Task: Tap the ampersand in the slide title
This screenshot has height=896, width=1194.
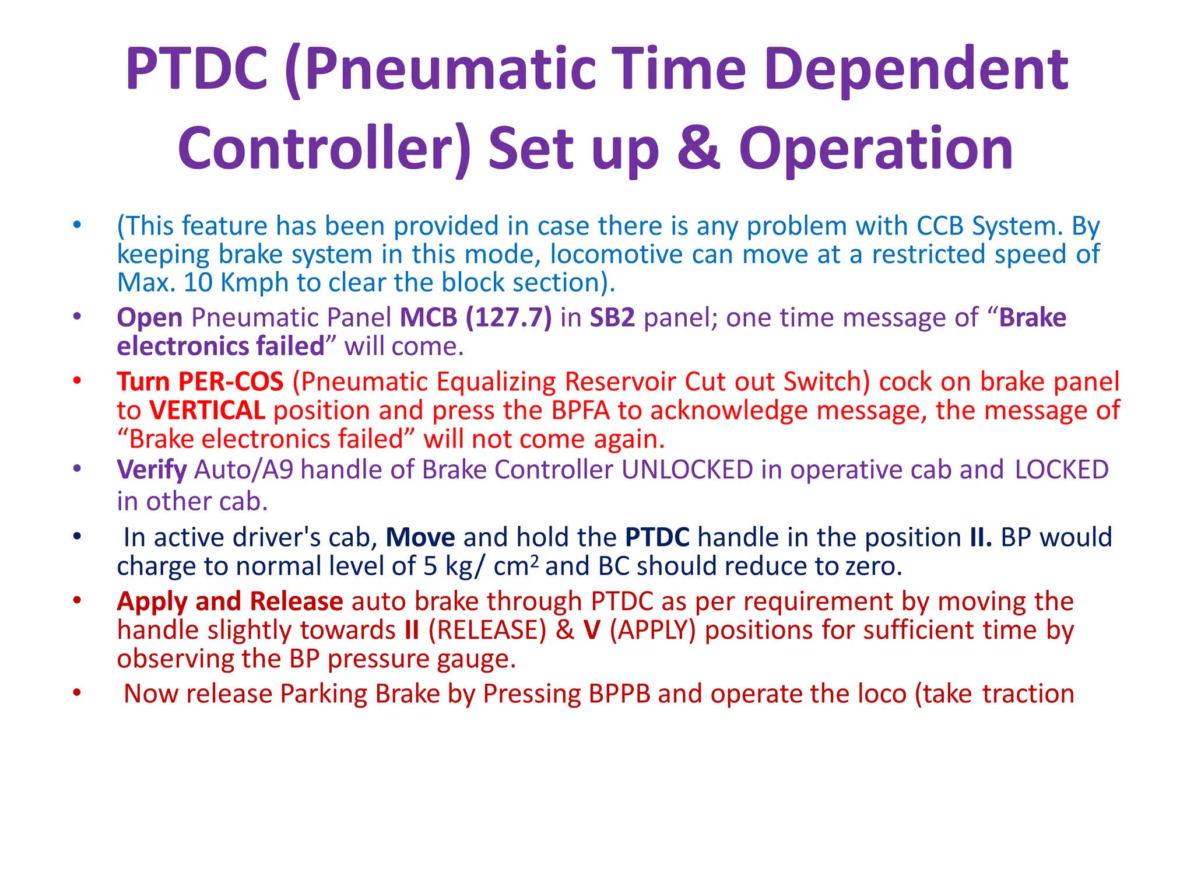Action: click(x=698, y=149)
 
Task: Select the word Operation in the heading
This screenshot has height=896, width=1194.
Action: click(x=876, y=150)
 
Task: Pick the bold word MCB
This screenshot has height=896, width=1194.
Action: click(x=428, y=318)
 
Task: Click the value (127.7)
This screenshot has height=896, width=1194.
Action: click(x=509, y=318)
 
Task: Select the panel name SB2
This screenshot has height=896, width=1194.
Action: click(x=612, y=318)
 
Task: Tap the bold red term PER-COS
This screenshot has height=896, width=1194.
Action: click(x=231, y=382)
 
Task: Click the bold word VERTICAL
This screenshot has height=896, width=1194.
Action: click(x=207, y=411)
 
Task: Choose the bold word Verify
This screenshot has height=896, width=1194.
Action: click(x=152, y=470)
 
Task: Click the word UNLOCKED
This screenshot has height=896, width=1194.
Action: click(x=687, y=470)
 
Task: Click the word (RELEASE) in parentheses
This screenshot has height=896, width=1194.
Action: click(x=487, y=631)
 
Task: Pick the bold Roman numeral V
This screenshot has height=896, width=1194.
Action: click(x=592, y=631)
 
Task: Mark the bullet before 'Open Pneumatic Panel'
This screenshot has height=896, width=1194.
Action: click(x=77, y=317)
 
